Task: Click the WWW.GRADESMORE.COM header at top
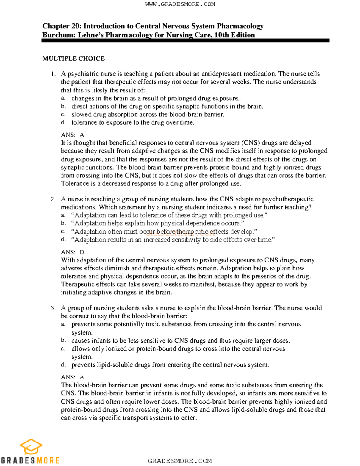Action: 180,4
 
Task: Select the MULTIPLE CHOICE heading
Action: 73,59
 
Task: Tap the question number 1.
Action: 53,74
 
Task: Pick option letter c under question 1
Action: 63,114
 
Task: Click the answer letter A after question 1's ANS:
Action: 82,135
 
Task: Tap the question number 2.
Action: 53,199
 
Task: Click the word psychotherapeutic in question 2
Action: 288,199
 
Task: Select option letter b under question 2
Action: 63,223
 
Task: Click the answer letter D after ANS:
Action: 82,252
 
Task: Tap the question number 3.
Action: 53,308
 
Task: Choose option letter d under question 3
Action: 63,365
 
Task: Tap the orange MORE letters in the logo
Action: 48,460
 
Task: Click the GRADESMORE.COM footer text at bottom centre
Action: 180,461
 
